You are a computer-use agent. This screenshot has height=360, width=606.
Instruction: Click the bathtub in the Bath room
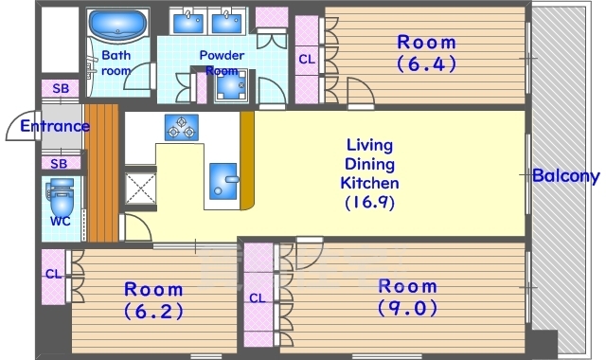117,25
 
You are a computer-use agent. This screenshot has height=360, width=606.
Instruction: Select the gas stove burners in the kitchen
182,127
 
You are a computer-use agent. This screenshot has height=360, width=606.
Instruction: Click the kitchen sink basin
223,181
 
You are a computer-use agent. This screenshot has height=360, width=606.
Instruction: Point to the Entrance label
55,126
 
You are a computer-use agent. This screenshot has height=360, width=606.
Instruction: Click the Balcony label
566,176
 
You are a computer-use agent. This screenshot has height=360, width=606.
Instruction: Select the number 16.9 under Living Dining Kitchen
370,202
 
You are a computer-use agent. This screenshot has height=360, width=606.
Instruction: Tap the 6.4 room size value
427,63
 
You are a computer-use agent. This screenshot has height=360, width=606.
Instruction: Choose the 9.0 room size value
408,308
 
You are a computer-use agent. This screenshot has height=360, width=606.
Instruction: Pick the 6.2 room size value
153,312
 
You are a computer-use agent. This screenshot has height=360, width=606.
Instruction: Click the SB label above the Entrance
61,88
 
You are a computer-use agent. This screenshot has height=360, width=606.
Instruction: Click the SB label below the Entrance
59,164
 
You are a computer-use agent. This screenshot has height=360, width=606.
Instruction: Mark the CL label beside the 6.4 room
307,59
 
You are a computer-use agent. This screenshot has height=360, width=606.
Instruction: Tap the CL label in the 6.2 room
53,274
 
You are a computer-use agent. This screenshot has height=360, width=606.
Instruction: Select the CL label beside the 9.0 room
258,298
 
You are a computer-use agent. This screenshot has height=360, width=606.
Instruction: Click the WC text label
61,221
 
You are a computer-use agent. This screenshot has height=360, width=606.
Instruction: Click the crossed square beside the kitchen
140,189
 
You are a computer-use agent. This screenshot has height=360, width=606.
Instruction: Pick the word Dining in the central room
370,164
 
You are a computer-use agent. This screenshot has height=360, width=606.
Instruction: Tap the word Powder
222,55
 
